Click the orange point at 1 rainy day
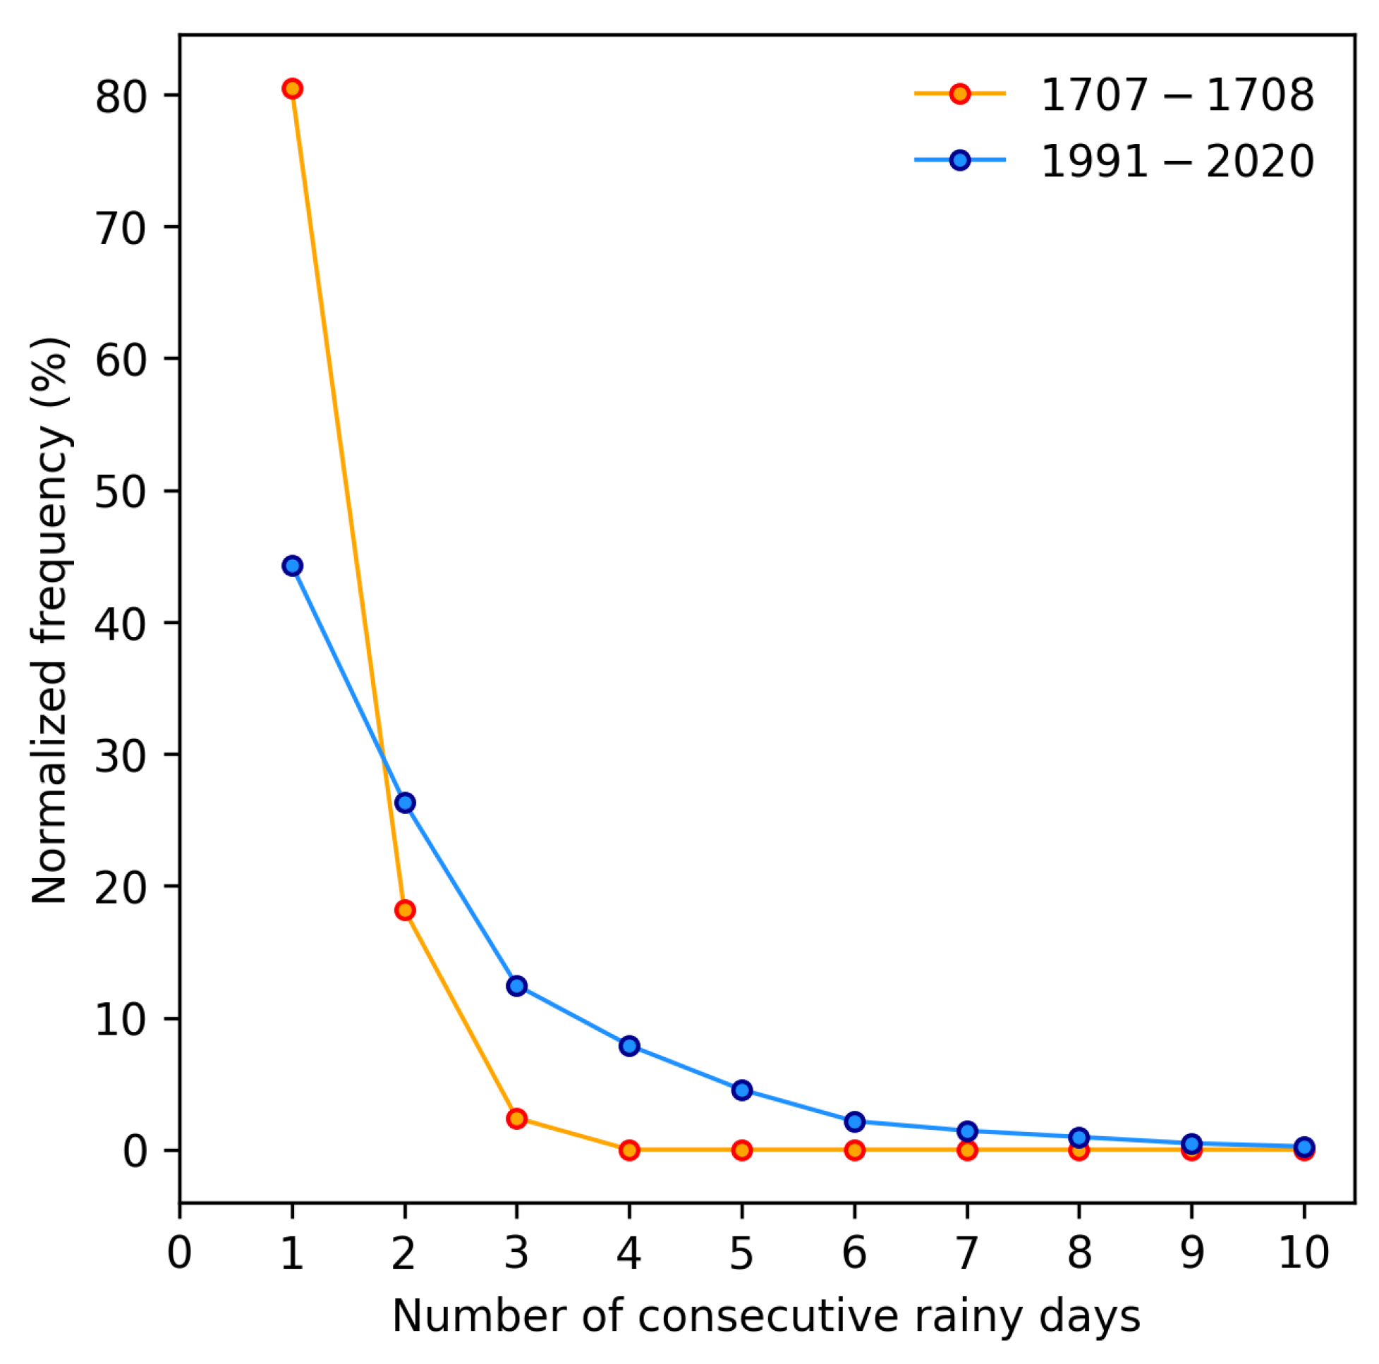point(292,88)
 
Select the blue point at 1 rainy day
point(292,566)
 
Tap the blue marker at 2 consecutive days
point(405,803)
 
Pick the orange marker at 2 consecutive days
point(405,910)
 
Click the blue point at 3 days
point(517,986)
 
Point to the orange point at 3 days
point(517,1119)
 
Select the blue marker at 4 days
point(629,1047)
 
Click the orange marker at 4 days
point(629,1150)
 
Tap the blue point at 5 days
point(742,1090)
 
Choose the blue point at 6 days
point(854,1122)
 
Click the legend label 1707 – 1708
point(1177,95)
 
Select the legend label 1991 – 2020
point(1177,162)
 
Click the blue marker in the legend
point(960,160)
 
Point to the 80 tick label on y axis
point(119,97)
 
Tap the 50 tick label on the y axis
point(119,492)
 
